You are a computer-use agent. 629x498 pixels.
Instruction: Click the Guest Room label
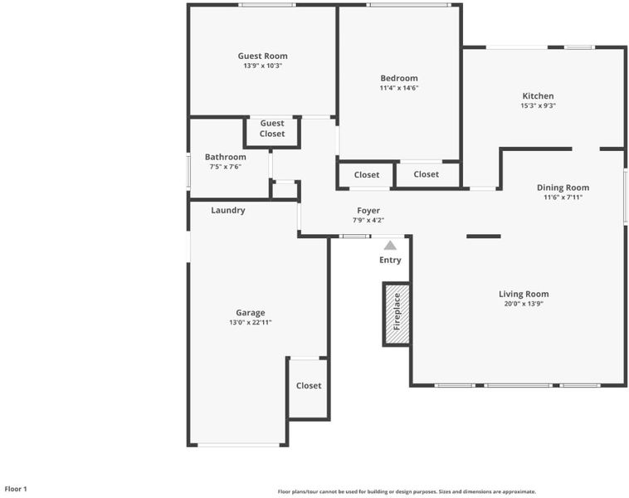[262, 56]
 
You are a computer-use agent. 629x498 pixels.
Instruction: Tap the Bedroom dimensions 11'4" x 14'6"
[399, 88]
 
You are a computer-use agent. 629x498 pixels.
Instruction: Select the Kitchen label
[538, 96]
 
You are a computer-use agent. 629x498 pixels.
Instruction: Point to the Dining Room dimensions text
[563, 197]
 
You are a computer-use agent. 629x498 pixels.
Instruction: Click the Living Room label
[524, 294]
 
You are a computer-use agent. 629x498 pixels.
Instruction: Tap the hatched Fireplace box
[397, 314]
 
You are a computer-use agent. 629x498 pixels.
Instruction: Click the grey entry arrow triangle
[390, 245]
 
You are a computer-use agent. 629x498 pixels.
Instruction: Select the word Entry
[390, 260]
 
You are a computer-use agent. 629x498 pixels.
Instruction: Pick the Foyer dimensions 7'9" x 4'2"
[368, 220]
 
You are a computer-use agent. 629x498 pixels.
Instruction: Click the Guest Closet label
[272, 129]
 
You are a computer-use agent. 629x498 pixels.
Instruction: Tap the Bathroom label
[226, 157]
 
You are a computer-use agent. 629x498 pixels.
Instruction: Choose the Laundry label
[228, 210]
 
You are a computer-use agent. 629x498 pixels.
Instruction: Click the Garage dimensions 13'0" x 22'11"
[251, 322]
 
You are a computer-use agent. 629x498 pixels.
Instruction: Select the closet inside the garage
[309, 386]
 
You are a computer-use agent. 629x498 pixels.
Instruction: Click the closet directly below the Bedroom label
[367, 175]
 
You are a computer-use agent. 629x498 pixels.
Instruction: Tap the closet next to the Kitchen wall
[426, 174]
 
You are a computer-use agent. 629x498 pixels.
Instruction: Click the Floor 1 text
[16, 489]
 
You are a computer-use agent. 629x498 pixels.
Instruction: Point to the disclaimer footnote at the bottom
[407, 491]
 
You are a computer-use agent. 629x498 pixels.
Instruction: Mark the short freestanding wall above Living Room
[484, 237]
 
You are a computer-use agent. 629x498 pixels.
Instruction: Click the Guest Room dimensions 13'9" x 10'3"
[263, 66]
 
